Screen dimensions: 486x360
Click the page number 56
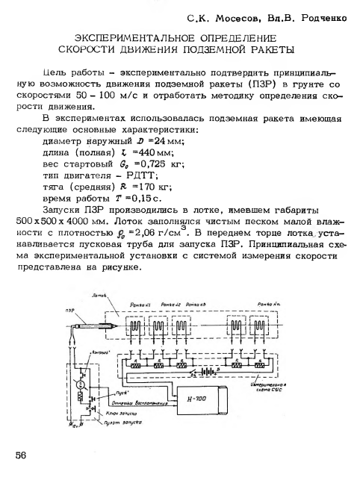pos(19,453)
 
